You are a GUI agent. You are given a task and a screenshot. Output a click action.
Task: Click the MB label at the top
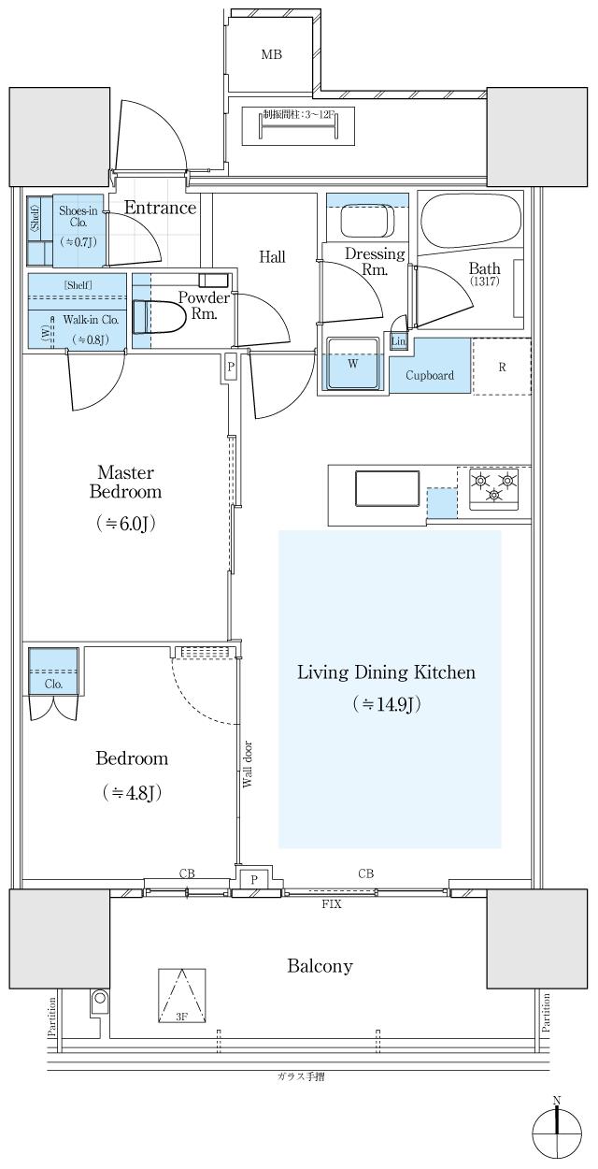tap(272, 53)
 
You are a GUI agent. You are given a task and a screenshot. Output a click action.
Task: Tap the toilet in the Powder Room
tap(157, 317)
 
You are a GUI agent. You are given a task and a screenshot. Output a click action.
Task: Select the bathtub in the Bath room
tap(471, 223)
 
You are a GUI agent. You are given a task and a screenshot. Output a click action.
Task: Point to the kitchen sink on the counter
tap(388, 488)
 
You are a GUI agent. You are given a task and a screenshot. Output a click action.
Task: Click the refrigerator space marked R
tap(502, 367)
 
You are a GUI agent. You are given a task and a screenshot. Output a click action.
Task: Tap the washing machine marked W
tap(353, 363)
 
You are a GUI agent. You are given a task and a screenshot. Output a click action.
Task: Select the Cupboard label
tap(430, 375)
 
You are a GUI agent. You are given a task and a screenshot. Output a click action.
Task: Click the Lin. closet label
tap(398, 341)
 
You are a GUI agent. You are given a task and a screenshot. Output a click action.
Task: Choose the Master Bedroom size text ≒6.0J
tap(125, 524)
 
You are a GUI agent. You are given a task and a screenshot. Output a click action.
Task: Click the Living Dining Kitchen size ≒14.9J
tap(386, 704)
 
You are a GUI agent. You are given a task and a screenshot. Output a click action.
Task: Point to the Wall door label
tap(248, 764)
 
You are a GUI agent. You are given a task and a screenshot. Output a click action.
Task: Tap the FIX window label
tap(332, 904)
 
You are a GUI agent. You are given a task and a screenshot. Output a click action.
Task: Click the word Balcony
tap(320, 966)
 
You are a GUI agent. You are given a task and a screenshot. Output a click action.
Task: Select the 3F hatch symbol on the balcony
tap(181, 995)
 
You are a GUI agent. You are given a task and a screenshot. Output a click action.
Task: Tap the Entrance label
tap(161, 209)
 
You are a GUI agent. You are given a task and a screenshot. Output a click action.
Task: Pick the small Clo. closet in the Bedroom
tap(53, 671)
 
